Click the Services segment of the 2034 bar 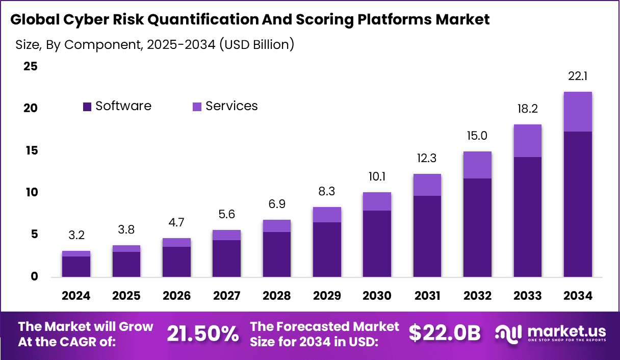pyautogui.click(x=578, y=112)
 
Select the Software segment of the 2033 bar pyautogui.click(x=528, y=217)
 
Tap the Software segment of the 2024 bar pyautogui.click(x=76, y=267)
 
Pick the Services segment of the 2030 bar pyautogui.click(x=377, y=201)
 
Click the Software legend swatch pyautogui.click(x=87, y=106)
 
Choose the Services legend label pyautogui.click(x=231, y=106)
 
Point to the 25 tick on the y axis pyautogui.click(x=30, y=66)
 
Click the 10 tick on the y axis pyautogui.click(x=30, y=192)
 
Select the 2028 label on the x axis pyautogui.click(x=276, y=296)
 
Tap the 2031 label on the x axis pyautogui.click(x=427, y=296)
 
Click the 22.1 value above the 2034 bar pyautogui.click(x=578, y=76)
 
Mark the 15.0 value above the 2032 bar pyautogui.click(x=477, y=136)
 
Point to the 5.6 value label pyautogui.click(x=226, y=215)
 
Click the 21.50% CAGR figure pyautogui.click(x=203, y=333)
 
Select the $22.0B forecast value pyautogui.click(x=445, y=333)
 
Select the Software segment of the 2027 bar pyautogui.click(x=226, y=259)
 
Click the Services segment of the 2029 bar pyautogui.click(x=327, y=215)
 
